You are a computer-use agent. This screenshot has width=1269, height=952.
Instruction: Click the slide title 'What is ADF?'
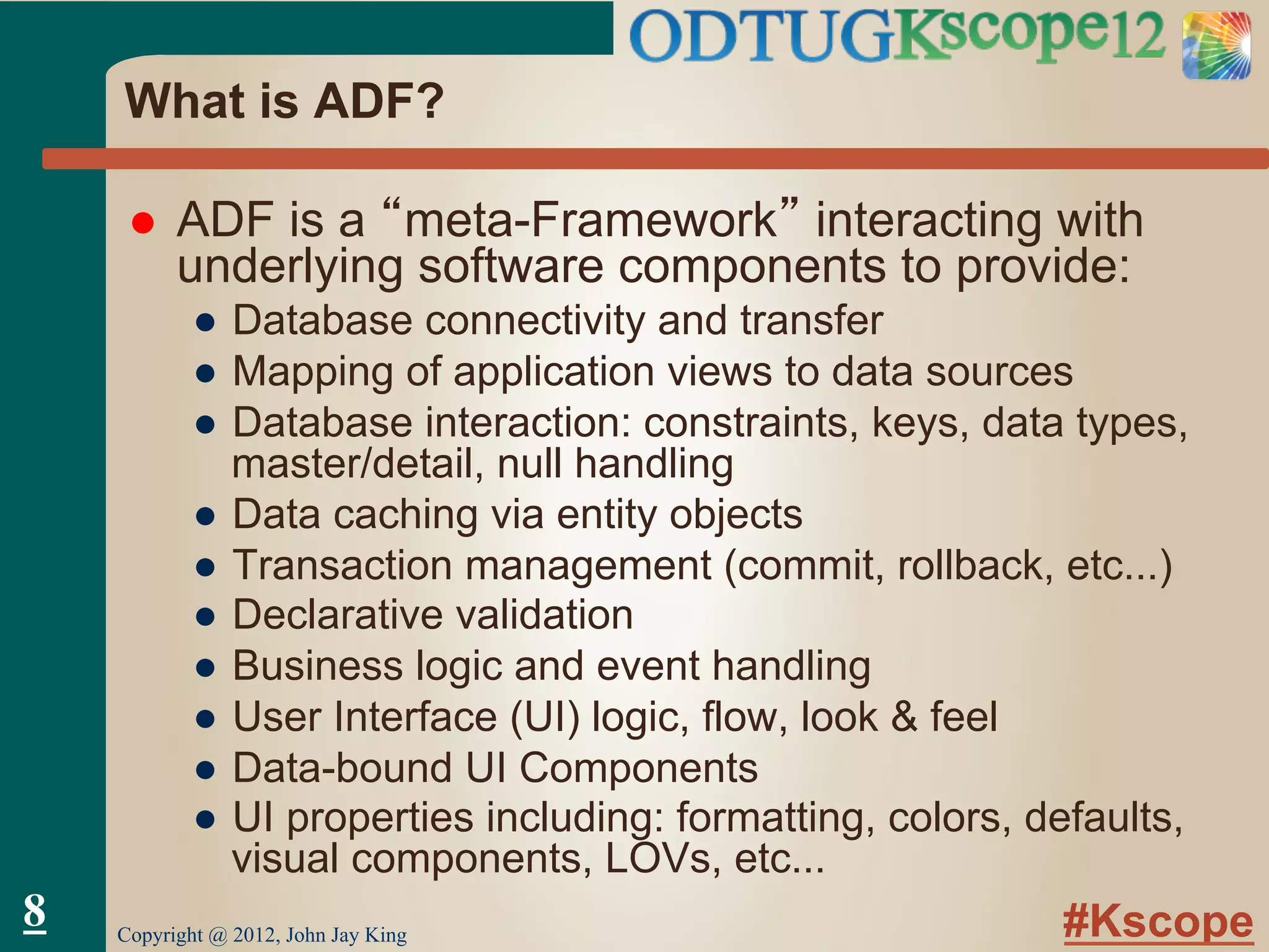284,101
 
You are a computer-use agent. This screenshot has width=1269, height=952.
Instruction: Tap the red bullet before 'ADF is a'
143,224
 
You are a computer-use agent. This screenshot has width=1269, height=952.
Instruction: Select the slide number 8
35,912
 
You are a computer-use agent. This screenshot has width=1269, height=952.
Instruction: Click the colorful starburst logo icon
1216,46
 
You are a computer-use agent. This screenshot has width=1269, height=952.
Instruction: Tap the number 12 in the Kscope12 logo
1136,37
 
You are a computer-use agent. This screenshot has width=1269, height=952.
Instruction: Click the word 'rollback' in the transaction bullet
973,565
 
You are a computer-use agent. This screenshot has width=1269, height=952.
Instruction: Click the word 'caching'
406,515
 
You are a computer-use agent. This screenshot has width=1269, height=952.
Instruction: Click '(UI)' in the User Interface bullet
545,717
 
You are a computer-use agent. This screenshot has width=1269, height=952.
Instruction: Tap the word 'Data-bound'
342,768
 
